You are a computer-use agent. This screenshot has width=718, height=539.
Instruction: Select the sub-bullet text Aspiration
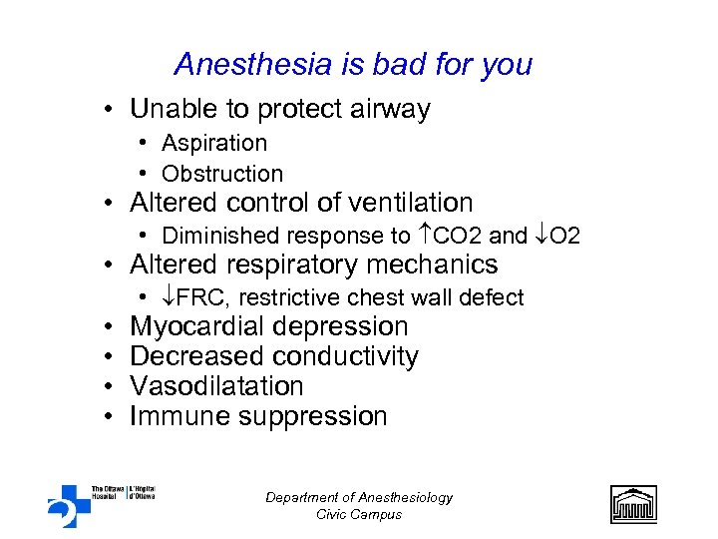214,144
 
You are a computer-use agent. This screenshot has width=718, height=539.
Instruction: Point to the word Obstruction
222,174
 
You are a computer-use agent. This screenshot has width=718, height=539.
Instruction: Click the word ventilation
409,203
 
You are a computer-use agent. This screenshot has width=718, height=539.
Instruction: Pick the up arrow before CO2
423,236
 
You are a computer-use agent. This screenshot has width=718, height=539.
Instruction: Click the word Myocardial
197,326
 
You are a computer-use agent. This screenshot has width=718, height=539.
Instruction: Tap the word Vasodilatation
216,386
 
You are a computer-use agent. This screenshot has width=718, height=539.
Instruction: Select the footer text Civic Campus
359,515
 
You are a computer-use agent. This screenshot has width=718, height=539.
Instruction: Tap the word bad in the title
412,65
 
